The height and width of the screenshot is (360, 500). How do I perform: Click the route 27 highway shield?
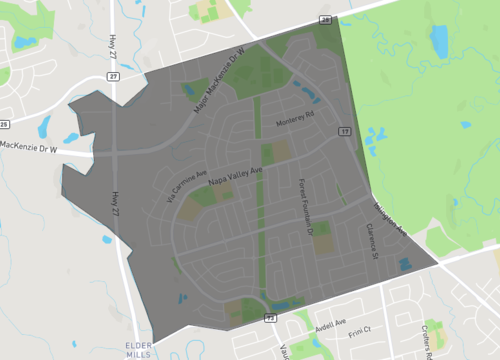(x=114, y=76)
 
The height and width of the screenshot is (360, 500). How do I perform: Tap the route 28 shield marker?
(x=324, y=19)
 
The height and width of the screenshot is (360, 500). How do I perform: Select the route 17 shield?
(x=345, y=131)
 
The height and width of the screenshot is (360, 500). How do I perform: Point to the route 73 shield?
(x=269, y=317)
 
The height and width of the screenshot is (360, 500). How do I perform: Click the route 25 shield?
(x=4, y=124)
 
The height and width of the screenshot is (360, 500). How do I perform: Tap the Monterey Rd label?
(x=296, y=123)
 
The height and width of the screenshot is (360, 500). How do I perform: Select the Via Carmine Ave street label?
(x=184, y=185)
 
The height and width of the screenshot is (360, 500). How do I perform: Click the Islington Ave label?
(x=389, y=221)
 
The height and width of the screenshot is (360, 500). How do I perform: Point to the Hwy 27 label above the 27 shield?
(x=110, y=44)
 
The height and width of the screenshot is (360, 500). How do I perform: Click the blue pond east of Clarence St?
(x=404, y=264)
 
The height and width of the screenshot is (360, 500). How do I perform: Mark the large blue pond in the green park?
(x=440, y=42)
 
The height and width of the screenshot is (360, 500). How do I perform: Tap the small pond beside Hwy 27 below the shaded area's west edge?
(x=107, y=240)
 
